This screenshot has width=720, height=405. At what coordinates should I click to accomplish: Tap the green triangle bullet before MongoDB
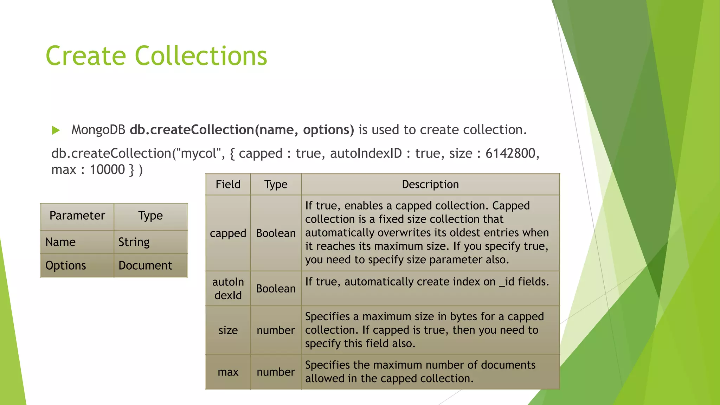pos(56,130)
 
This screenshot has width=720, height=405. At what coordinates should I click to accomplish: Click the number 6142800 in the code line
pos(510,153)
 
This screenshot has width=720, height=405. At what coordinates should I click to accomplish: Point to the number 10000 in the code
pos(107,170)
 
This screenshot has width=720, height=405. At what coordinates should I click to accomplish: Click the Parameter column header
pos(77,216)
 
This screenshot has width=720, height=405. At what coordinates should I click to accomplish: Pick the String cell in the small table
pos(134,242)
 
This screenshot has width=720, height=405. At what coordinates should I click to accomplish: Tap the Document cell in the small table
pos(145,265)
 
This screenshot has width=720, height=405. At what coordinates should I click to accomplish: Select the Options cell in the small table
pos(66,265)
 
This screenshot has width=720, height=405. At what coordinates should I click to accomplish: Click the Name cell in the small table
pos(60,242)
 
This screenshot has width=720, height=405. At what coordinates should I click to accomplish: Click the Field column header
pos(228,184)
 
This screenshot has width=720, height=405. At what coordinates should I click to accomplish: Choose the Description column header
pos(430,184)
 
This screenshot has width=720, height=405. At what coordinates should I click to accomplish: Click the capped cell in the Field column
pos(228,233)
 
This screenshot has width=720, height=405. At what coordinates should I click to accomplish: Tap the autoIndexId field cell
pos(228,288)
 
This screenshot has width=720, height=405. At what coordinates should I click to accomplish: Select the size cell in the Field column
pos(228,330)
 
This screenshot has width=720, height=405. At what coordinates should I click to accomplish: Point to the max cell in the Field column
pos(228,372)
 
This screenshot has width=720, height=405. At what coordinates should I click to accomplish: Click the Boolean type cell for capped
pos(276,233)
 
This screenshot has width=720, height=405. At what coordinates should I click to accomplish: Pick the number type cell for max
pos(276,372)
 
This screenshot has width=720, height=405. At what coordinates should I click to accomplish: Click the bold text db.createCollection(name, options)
pos(242,130)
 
